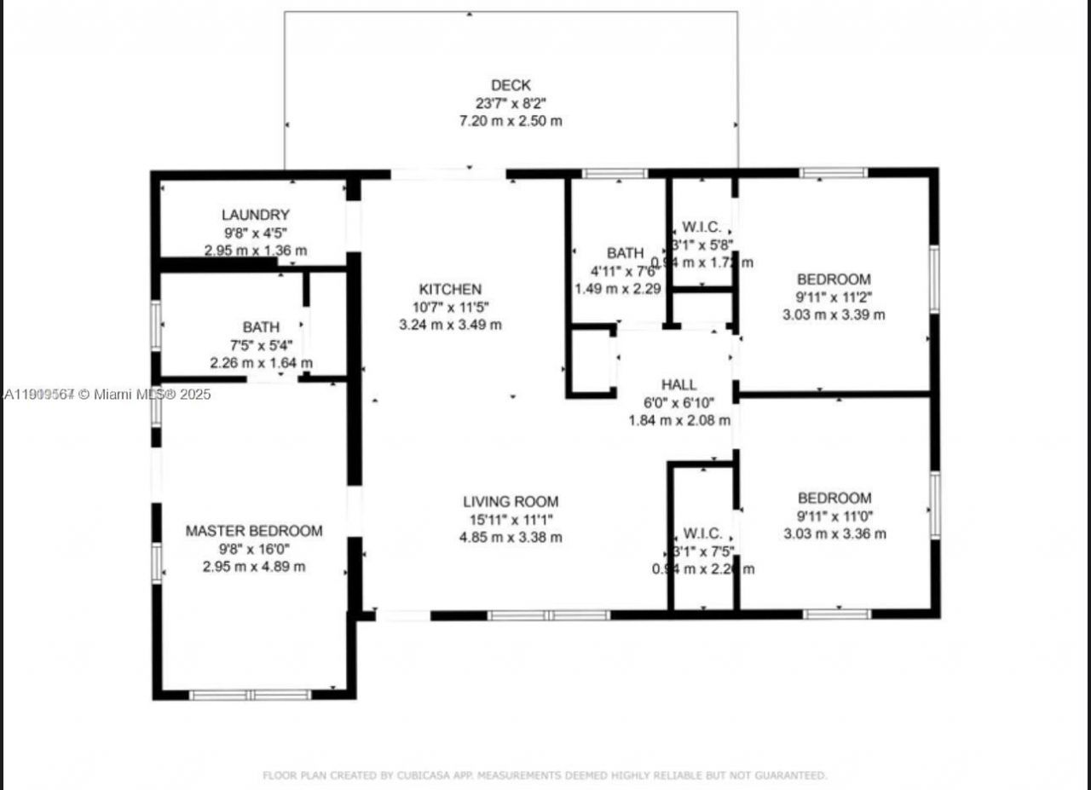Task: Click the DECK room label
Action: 511,85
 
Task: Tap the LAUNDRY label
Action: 255,215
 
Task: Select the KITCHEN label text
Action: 450,290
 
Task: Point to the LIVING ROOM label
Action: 511,502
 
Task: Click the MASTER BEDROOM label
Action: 254,531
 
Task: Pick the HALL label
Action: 678,384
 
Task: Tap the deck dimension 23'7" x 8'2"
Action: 511,103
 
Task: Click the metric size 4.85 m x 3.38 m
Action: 511,538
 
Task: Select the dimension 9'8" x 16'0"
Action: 254,549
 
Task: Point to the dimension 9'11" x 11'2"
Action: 834,297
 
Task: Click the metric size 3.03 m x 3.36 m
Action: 834,534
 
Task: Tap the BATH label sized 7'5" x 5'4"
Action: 261,327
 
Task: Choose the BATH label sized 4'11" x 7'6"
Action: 625,253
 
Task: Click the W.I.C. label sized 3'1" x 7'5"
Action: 702,533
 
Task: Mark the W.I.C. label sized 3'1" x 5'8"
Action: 702,228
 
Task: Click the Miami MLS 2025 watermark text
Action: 107,394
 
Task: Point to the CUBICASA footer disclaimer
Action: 544,776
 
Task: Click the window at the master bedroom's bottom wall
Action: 251,695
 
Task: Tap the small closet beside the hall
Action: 592,361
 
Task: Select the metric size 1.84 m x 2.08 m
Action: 678,420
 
